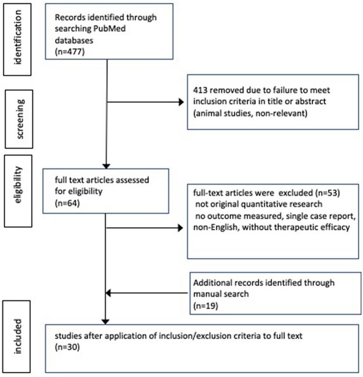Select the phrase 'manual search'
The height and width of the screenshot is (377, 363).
(219, 295)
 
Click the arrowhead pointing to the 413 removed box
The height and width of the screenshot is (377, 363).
(179, 102)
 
